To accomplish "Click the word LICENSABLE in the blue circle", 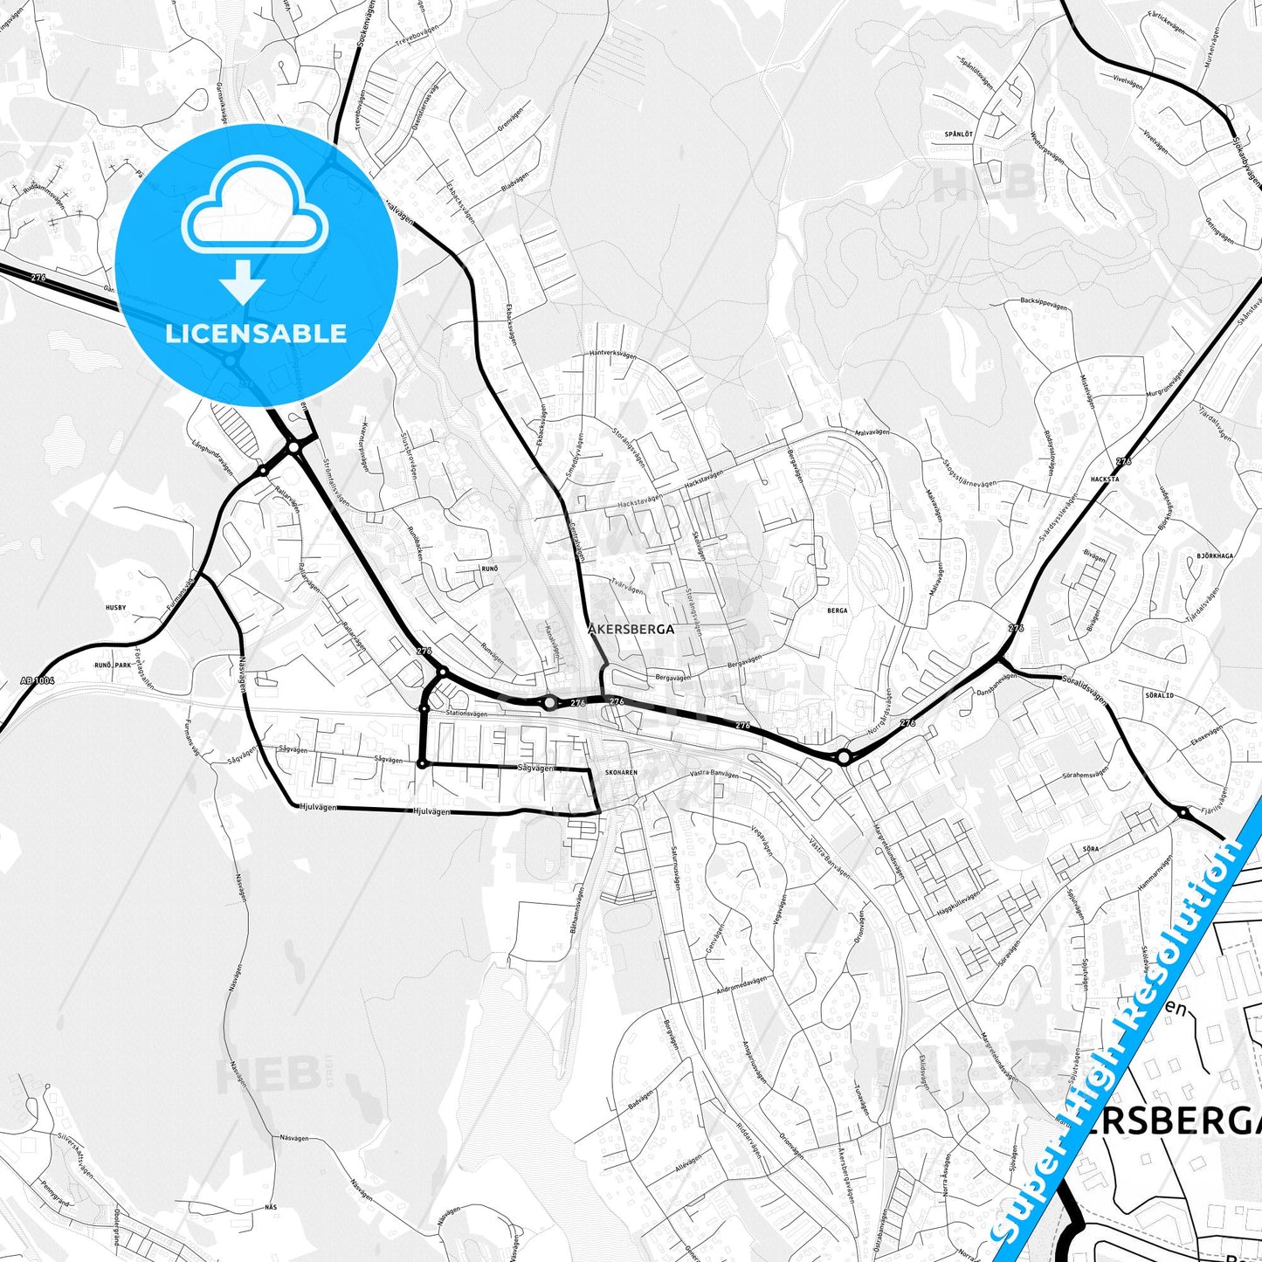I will tap(256, 334).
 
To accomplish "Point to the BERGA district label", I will tap(837, 611).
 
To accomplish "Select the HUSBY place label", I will tap(115, 607).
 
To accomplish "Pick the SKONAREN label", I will tap(621, 773).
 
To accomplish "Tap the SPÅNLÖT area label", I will tap(958, 134).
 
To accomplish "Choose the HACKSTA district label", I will tap(1105, 479).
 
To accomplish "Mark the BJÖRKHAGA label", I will tap(1215, 555).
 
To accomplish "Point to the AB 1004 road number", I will tap(37, 679).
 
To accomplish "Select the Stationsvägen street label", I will tap(466, 714).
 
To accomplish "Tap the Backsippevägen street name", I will tap(1045, 300).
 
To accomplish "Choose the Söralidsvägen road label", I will tap(1085, 688).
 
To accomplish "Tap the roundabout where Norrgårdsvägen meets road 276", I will tap(843, 756).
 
